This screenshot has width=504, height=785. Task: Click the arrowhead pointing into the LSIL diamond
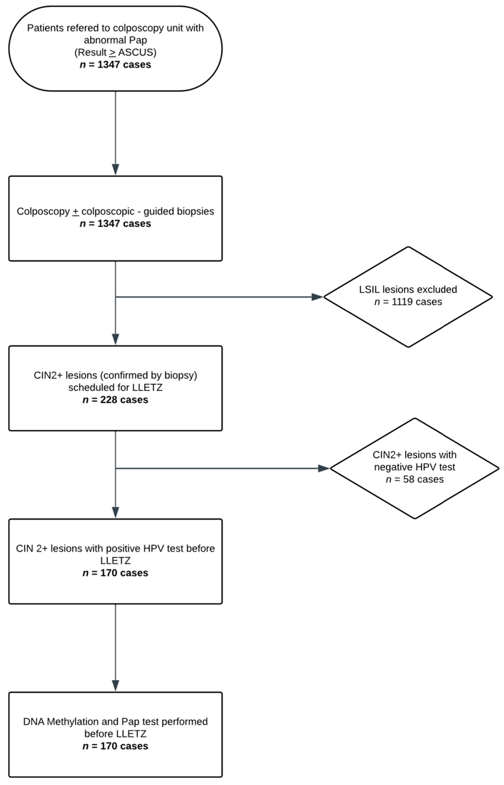point(317,297)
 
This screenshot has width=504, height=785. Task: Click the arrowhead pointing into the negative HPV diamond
point(323,468)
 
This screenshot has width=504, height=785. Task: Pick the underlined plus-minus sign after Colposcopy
point(76,212)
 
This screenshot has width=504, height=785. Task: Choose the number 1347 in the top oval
point(108,64)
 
